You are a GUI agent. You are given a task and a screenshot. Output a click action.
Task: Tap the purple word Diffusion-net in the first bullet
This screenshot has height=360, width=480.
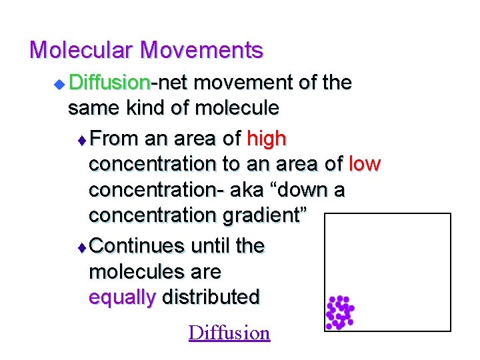pyautogui.click(x=110, y=83)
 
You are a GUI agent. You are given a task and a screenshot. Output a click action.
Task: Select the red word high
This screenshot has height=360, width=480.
pyautogui.click(x=267, y=139)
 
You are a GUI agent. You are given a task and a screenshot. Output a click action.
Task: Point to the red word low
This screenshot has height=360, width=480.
pyautogui.click(x=365, y=165)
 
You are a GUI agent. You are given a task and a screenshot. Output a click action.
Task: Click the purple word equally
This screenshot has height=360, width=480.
pyautogui.click(x=121, y=297)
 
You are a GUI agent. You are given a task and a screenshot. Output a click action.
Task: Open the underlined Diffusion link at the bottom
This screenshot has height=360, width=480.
pyautogui.click(x=229, y=333)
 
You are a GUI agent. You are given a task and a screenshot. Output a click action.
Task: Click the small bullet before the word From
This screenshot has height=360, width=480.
pyautogui.click(x=82, y=140)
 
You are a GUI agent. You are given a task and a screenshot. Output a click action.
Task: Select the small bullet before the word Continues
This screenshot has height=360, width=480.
pyautogui.click(x=82, y=247)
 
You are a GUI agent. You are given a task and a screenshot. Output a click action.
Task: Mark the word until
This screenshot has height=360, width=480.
pyautogui.click(x=211, y=247)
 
